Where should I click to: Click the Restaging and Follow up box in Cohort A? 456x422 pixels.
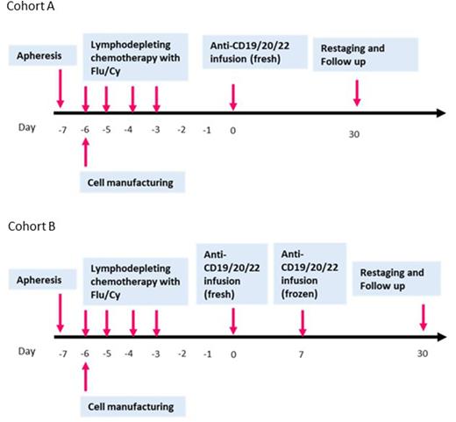(x=356, y=57)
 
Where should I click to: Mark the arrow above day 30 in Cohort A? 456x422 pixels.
(x=356, y=92)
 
